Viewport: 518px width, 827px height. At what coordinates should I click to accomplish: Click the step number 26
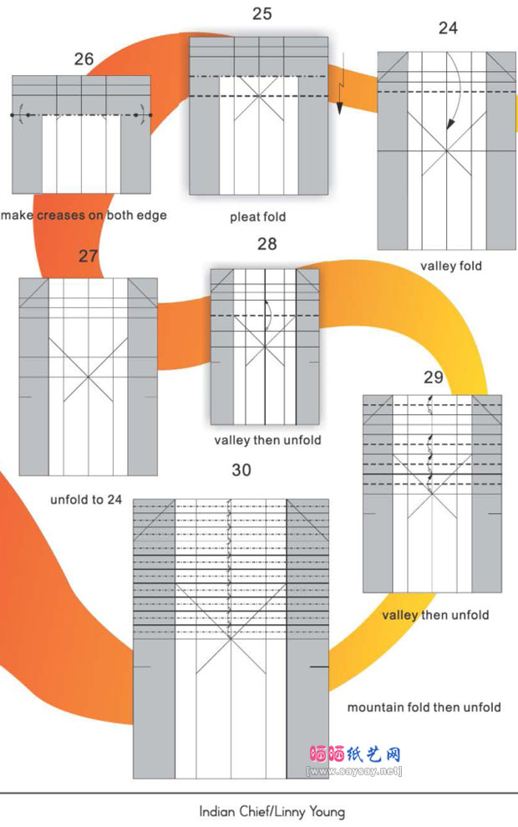84,59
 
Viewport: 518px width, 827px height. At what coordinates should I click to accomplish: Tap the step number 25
262,13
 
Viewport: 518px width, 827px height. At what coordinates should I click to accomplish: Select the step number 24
448,28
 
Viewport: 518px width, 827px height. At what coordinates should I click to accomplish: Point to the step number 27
88,256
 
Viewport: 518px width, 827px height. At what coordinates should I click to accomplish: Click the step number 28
267,244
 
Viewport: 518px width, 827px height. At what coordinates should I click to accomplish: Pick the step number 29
433,377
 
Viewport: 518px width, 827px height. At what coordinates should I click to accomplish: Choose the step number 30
241,470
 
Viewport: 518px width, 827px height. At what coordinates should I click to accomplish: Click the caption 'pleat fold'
258,216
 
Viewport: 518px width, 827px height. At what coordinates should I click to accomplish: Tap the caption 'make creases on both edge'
84,216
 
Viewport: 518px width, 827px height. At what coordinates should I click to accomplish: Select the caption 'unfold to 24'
86,500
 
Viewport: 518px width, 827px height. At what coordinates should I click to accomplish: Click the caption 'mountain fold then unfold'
424,708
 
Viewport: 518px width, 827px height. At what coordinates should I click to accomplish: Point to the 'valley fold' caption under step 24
451,266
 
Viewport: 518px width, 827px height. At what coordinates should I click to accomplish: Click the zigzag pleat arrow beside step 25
340,84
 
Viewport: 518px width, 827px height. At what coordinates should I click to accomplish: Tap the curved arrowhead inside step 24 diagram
450,124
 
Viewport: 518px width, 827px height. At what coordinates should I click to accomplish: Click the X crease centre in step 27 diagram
88,377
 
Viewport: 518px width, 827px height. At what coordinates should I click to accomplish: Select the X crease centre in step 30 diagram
231,639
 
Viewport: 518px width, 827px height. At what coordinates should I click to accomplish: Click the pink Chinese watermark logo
355,754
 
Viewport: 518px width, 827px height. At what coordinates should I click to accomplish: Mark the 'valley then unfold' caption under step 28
267,440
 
